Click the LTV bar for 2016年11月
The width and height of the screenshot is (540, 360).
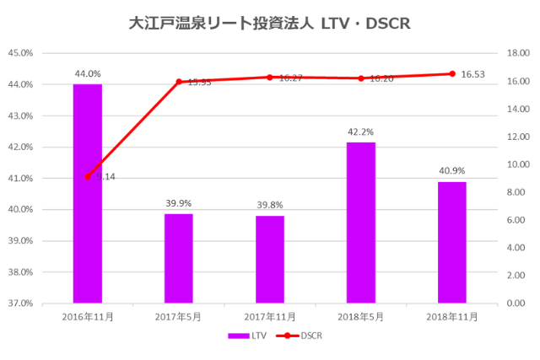pyautogui.click(x=88, y=193)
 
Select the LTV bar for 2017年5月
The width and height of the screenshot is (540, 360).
pyautogui.click(x=179, y=258)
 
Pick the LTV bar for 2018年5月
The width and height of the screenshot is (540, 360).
pyautogui.click(x=361, y=223)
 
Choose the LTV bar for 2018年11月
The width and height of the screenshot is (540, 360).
pyautogui.click(x=452, y=242)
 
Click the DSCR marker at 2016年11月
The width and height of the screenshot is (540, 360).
pyautogui.click(x=88, y=176)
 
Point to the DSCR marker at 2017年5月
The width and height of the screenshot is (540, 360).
pyautogui.click(x=179, y=82)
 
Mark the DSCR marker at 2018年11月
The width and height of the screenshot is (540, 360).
pyautogui.click(x=452, y=73)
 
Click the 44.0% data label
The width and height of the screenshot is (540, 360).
pyautogui.click(x=88, y=74)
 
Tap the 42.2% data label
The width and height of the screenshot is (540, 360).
pyautogui.click(x=361, y=132)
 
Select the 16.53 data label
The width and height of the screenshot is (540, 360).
pyautogui.click(x=473, y=74)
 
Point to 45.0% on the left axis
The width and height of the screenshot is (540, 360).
pyautogui.click(x=20, y=53)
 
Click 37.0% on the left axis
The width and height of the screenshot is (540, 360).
pyautogui.click(x=20, y=303)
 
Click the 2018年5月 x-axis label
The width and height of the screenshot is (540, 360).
pyautogui.click(x=361, y=316)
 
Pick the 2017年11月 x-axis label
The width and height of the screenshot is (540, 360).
pyautogui.click(x=270, y=316)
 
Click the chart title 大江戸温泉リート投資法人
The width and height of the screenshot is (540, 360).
pyautogui.click(x=224, y=24)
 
